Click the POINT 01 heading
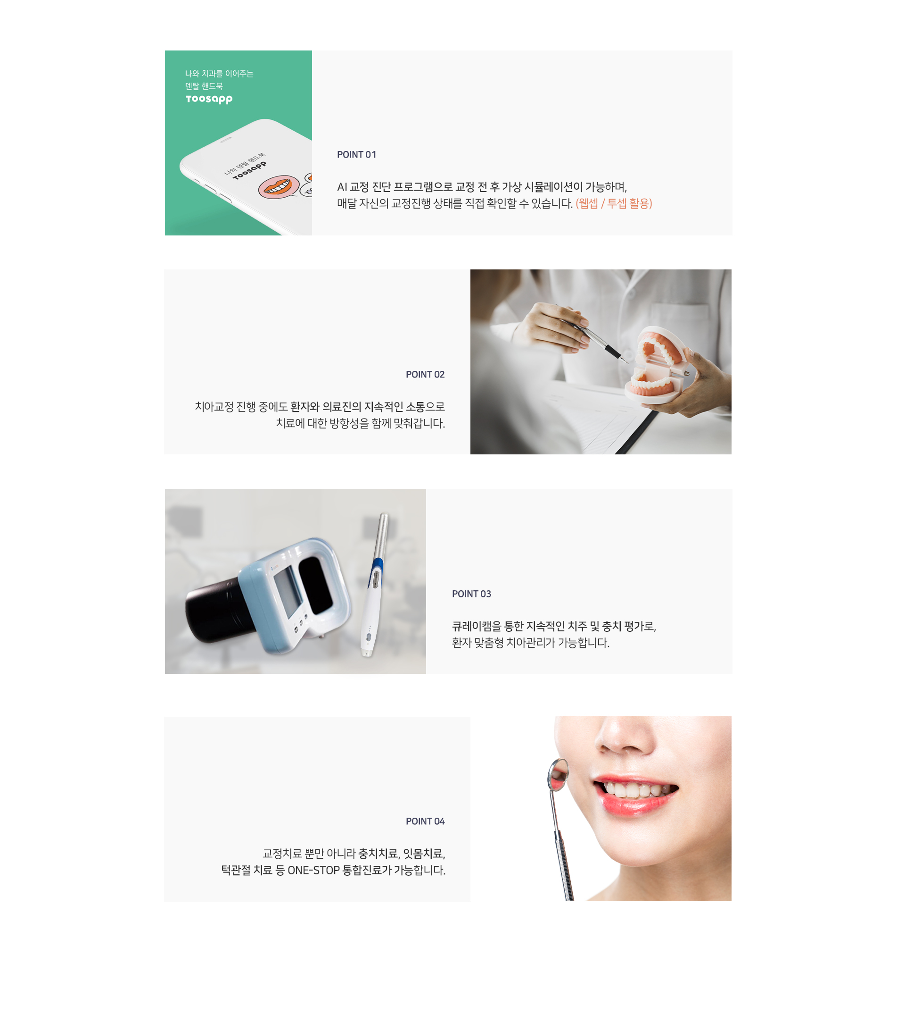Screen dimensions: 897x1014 356,155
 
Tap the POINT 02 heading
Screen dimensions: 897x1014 425,375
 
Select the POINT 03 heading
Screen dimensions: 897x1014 471,594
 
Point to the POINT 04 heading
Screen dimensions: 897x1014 425,821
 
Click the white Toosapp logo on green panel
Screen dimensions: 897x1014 209,99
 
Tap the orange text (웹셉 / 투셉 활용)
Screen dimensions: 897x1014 614,203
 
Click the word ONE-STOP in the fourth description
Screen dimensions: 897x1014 314,870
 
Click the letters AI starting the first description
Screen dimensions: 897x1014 342,187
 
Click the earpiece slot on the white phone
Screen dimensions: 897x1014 226,141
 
